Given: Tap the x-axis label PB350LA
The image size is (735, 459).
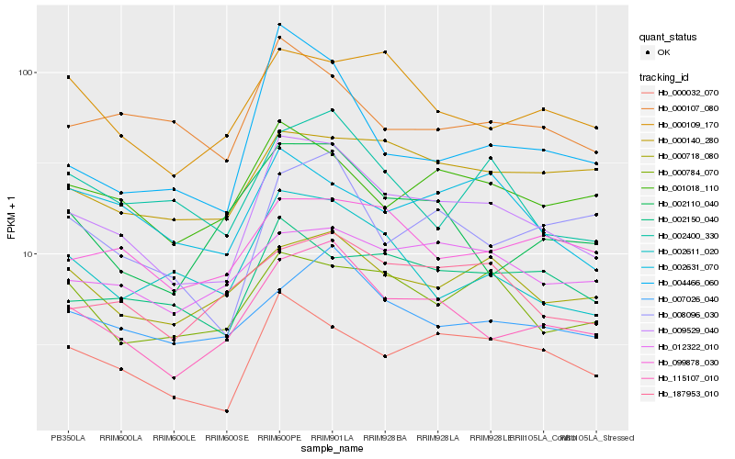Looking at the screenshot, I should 68,438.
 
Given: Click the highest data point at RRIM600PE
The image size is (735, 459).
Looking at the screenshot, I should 279,25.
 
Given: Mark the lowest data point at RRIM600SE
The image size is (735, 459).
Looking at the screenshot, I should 227,411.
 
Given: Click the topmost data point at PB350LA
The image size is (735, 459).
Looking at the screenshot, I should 68,77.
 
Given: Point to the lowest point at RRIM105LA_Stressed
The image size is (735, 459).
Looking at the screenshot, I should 596,376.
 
